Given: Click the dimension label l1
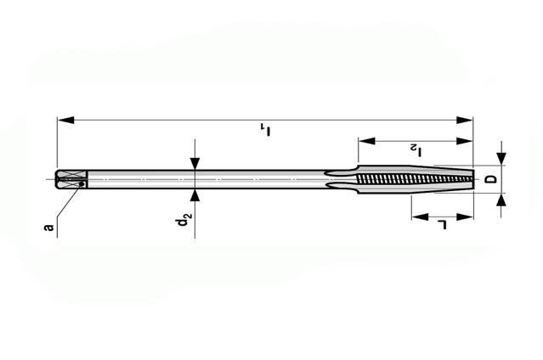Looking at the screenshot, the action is pyautogui.click(x=266, y=130).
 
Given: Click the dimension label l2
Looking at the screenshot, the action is pyautogui.click(x=416, y=150).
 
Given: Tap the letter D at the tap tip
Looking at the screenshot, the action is pyautogui.click(x=491, y=179).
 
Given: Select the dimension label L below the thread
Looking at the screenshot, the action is pyautogui.click(x=442, y=224).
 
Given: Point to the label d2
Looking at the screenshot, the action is pyautogui.click(x=184, y=218).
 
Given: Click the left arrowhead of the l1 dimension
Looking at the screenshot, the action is pyautogui.click(x=65, y=120).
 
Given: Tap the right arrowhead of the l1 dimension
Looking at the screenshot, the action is pyautogui.click(x=464, y=120).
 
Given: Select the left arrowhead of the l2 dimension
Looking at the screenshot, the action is pyautogui.click(x=367, y=141).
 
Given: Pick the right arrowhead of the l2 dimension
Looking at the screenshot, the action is pyautogui.click(x=464, y=141).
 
